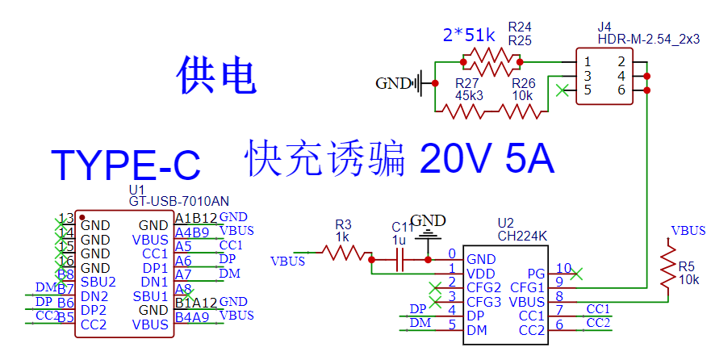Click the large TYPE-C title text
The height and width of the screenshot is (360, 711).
point(125,164)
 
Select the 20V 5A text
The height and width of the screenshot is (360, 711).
point(487,159)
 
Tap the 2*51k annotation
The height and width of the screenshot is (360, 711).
point(469,36)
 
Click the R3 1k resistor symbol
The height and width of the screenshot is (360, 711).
point(345,253)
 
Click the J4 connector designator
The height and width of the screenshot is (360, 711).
point(604,27)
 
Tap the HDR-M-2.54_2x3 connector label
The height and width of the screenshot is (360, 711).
point(648,39)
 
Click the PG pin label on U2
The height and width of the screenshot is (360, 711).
point(536,273)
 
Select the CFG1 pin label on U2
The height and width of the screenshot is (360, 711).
point(529,287)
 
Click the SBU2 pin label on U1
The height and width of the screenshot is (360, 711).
point(98,282)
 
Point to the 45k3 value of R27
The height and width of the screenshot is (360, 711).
point(469,95)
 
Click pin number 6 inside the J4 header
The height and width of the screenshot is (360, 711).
point(621,90)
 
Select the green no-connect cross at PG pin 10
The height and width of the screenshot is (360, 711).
point(575,274)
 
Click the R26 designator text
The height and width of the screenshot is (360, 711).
point(523,83)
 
